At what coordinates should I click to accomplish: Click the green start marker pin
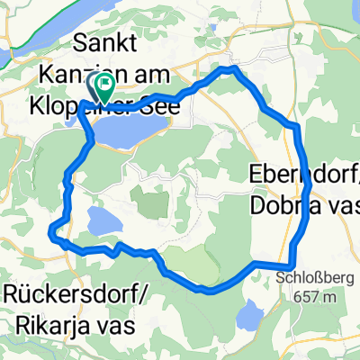click(x=104, y=88)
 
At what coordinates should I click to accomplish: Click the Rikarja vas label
click(x=67, y=319)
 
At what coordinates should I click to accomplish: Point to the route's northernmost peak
click(x=233, y=67)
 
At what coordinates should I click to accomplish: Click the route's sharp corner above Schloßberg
click(x=256, y=263)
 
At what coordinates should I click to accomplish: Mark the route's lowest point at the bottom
click(x=210, y=291)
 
